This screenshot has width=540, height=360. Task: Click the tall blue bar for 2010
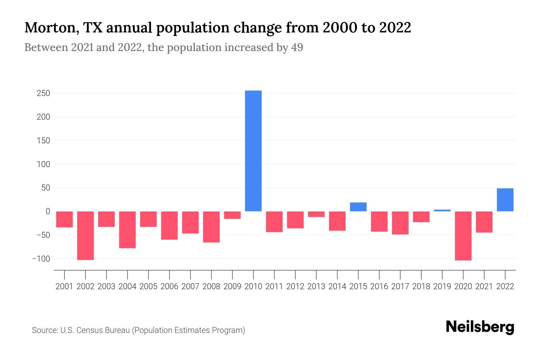tap(253, 151)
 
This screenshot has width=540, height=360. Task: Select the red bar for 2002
tap(85, 235)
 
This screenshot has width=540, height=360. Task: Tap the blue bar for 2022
tap(505, 200)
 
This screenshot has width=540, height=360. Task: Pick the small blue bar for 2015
tap(358, 207)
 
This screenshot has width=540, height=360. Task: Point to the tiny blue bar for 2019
tap(442, 210)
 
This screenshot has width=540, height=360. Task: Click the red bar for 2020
tap(463, 236)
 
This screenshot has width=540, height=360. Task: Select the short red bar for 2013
tap(316, 214)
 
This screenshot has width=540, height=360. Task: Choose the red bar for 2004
tap(127, 230)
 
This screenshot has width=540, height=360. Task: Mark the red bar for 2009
tap(232, 215)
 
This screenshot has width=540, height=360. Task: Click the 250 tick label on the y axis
tap(43, 93)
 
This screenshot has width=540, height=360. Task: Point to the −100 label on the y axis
tap(41, 259)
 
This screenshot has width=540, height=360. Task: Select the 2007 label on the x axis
tap(190, 286)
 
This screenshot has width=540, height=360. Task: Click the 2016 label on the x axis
tap(379, 286)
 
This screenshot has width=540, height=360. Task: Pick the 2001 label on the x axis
tap(64, 286)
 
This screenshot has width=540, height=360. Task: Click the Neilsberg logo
tap(480, 327)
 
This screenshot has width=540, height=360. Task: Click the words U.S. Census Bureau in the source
tap(95, 330)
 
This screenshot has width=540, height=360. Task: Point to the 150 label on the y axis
tap(43, 141)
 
